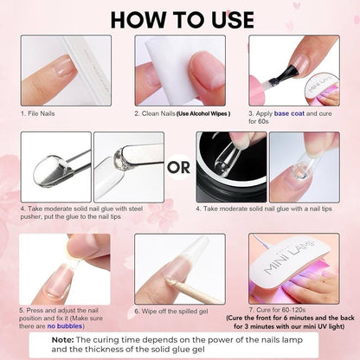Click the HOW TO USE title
coord(183,20)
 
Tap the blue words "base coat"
coord(289,113)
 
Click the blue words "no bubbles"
coord(65,326)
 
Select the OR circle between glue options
coord(179,167)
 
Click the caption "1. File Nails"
coord(37,113)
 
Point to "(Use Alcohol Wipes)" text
coord(203,113)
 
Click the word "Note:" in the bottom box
coord(62,340)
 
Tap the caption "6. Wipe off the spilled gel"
coord(171,312)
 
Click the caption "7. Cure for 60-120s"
coord(277,310)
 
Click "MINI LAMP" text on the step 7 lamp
coord(290,257)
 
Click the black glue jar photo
coord(231,167)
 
